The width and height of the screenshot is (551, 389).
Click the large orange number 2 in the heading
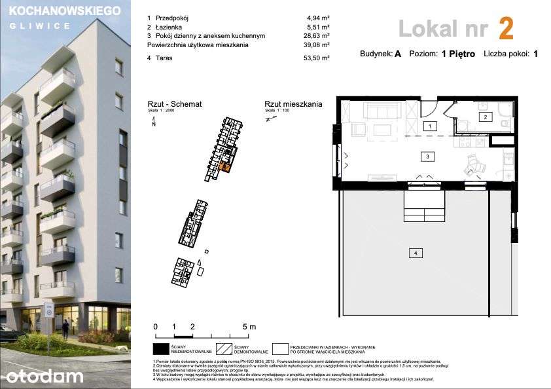[x=505, y=29]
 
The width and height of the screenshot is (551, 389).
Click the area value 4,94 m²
[x=317, y=19]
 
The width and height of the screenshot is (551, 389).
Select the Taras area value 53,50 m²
[x=317, y=58]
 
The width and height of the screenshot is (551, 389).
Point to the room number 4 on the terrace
[x=414, y=252]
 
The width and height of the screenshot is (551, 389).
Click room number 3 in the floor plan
[x=427, y=157]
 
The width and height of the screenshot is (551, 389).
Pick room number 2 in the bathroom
[x=485, y=117]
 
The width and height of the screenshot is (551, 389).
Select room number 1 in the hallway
[x=429, y=125]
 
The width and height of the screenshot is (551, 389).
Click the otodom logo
[x=45, y=375]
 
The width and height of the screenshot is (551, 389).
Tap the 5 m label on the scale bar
[x=249, y=326]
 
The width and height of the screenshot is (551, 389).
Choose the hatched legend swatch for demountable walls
[x=223, y=349]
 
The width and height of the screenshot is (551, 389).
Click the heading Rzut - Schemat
[x=174, y=104]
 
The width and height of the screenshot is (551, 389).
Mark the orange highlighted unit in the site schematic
[x=225, y=164]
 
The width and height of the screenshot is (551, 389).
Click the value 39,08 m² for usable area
[x=317, y=45]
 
